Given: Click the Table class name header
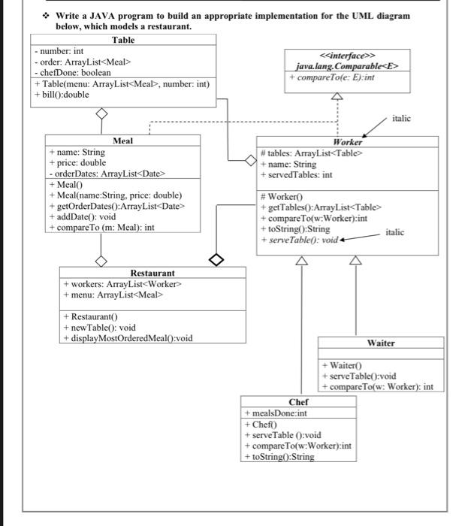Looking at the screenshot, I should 124,40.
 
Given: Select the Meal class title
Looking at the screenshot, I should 122,141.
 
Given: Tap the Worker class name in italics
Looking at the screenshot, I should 347,141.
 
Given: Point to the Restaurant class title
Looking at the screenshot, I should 152,273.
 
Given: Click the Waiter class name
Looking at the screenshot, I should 381,343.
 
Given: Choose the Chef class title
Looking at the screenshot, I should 298,402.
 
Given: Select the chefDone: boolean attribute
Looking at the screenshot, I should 74,72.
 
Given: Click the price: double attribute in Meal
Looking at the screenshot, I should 79,162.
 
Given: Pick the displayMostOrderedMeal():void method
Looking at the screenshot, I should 128,337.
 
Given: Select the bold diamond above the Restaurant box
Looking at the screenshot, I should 216,260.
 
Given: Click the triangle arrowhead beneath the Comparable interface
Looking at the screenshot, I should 337,96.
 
